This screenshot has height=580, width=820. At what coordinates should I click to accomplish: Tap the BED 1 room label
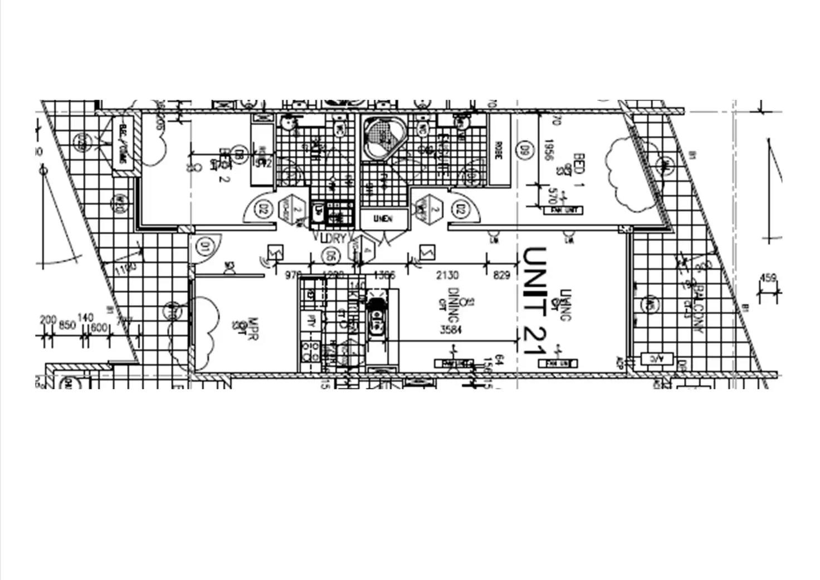(578, 170)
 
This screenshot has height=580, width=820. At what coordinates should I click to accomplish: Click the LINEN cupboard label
(383, 218)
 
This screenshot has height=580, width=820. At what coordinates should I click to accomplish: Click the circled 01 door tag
(204, 246)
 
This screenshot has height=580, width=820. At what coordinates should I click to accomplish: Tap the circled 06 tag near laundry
(330, 256)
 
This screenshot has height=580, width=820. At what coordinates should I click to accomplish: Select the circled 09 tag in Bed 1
(524, 150)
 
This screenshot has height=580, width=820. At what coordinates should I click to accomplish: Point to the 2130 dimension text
(447, 275)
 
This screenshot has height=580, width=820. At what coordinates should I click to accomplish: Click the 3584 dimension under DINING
(451, 330)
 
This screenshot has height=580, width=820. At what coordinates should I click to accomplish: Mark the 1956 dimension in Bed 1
(548, 149)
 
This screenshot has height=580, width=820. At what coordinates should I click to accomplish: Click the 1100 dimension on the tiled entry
(125, 269)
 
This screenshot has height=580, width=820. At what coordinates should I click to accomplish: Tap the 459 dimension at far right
(768, 277)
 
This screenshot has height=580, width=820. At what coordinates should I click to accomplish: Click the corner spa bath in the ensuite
(384, 137)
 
